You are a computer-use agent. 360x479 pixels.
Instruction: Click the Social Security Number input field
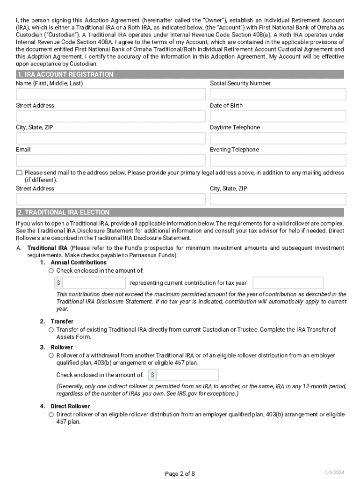(x=278, y=94)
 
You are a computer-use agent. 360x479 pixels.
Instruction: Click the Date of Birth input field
(x=278, y=116)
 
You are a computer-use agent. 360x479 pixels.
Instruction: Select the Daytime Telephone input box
(x=278, y=138)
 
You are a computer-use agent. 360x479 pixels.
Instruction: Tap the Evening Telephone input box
(x=278, y=160)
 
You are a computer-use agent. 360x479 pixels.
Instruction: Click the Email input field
(x=110, y=160)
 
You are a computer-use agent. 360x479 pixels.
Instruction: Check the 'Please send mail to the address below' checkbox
(x=19, y=173)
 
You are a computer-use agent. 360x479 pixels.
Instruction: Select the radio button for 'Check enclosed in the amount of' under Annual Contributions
(x=51, y=271)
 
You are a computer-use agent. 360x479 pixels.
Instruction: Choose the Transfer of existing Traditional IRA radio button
(x=51, y=330)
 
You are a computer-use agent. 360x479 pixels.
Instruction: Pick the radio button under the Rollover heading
(x=51, y=356)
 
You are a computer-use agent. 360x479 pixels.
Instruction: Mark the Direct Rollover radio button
(x=51, y=414)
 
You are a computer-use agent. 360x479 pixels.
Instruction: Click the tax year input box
(x=288, y=283)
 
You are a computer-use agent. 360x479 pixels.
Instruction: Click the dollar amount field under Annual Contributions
(x=94, y=283)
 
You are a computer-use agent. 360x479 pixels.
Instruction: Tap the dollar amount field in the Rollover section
(x=187, y=375)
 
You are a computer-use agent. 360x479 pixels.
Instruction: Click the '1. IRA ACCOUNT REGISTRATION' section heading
(x=65, y=74)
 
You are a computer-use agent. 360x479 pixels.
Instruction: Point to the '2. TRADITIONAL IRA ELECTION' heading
(x=63, y=212)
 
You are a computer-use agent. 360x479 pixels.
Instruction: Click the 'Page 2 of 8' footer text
(x=180, y=473)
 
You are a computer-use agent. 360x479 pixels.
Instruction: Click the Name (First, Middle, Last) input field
(x=110, y=94)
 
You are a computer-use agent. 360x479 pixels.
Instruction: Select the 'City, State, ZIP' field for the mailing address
(x=278, y=199)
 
